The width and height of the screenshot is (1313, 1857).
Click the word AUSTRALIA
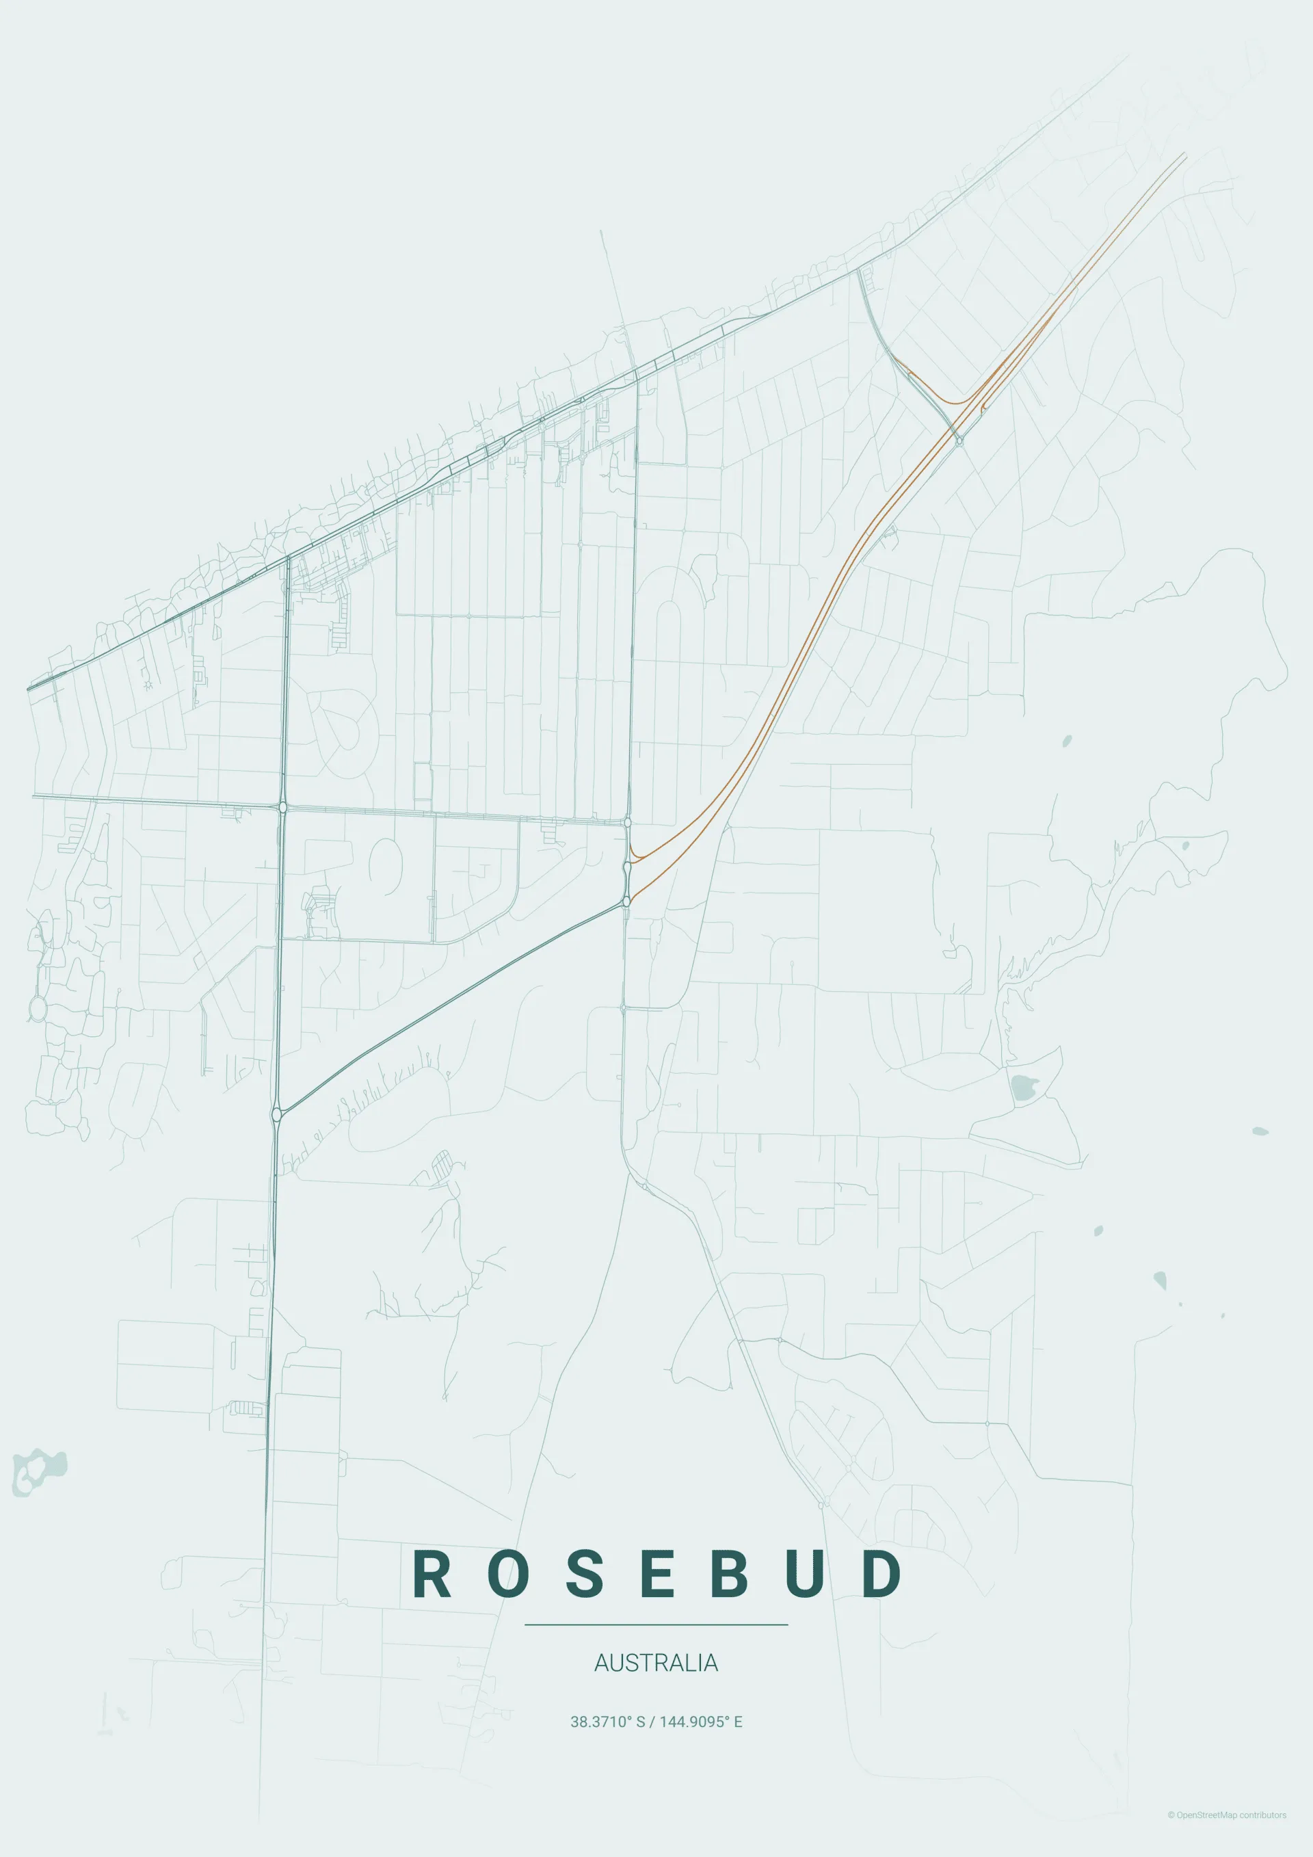(x=656, y=1663)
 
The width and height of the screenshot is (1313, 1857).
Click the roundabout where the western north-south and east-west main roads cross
(x=282, y=806)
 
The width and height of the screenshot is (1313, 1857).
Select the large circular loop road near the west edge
(x=37, y=1007)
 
